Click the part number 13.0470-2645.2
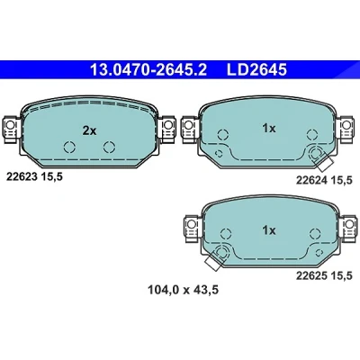148,70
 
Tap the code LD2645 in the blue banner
256,70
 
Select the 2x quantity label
89,130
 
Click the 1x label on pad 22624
269,129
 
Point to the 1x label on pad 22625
269,230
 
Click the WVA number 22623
22,177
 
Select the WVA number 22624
311,180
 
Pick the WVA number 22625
311,275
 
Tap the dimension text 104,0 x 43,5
183,290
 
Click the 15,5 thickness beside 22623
51,177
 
